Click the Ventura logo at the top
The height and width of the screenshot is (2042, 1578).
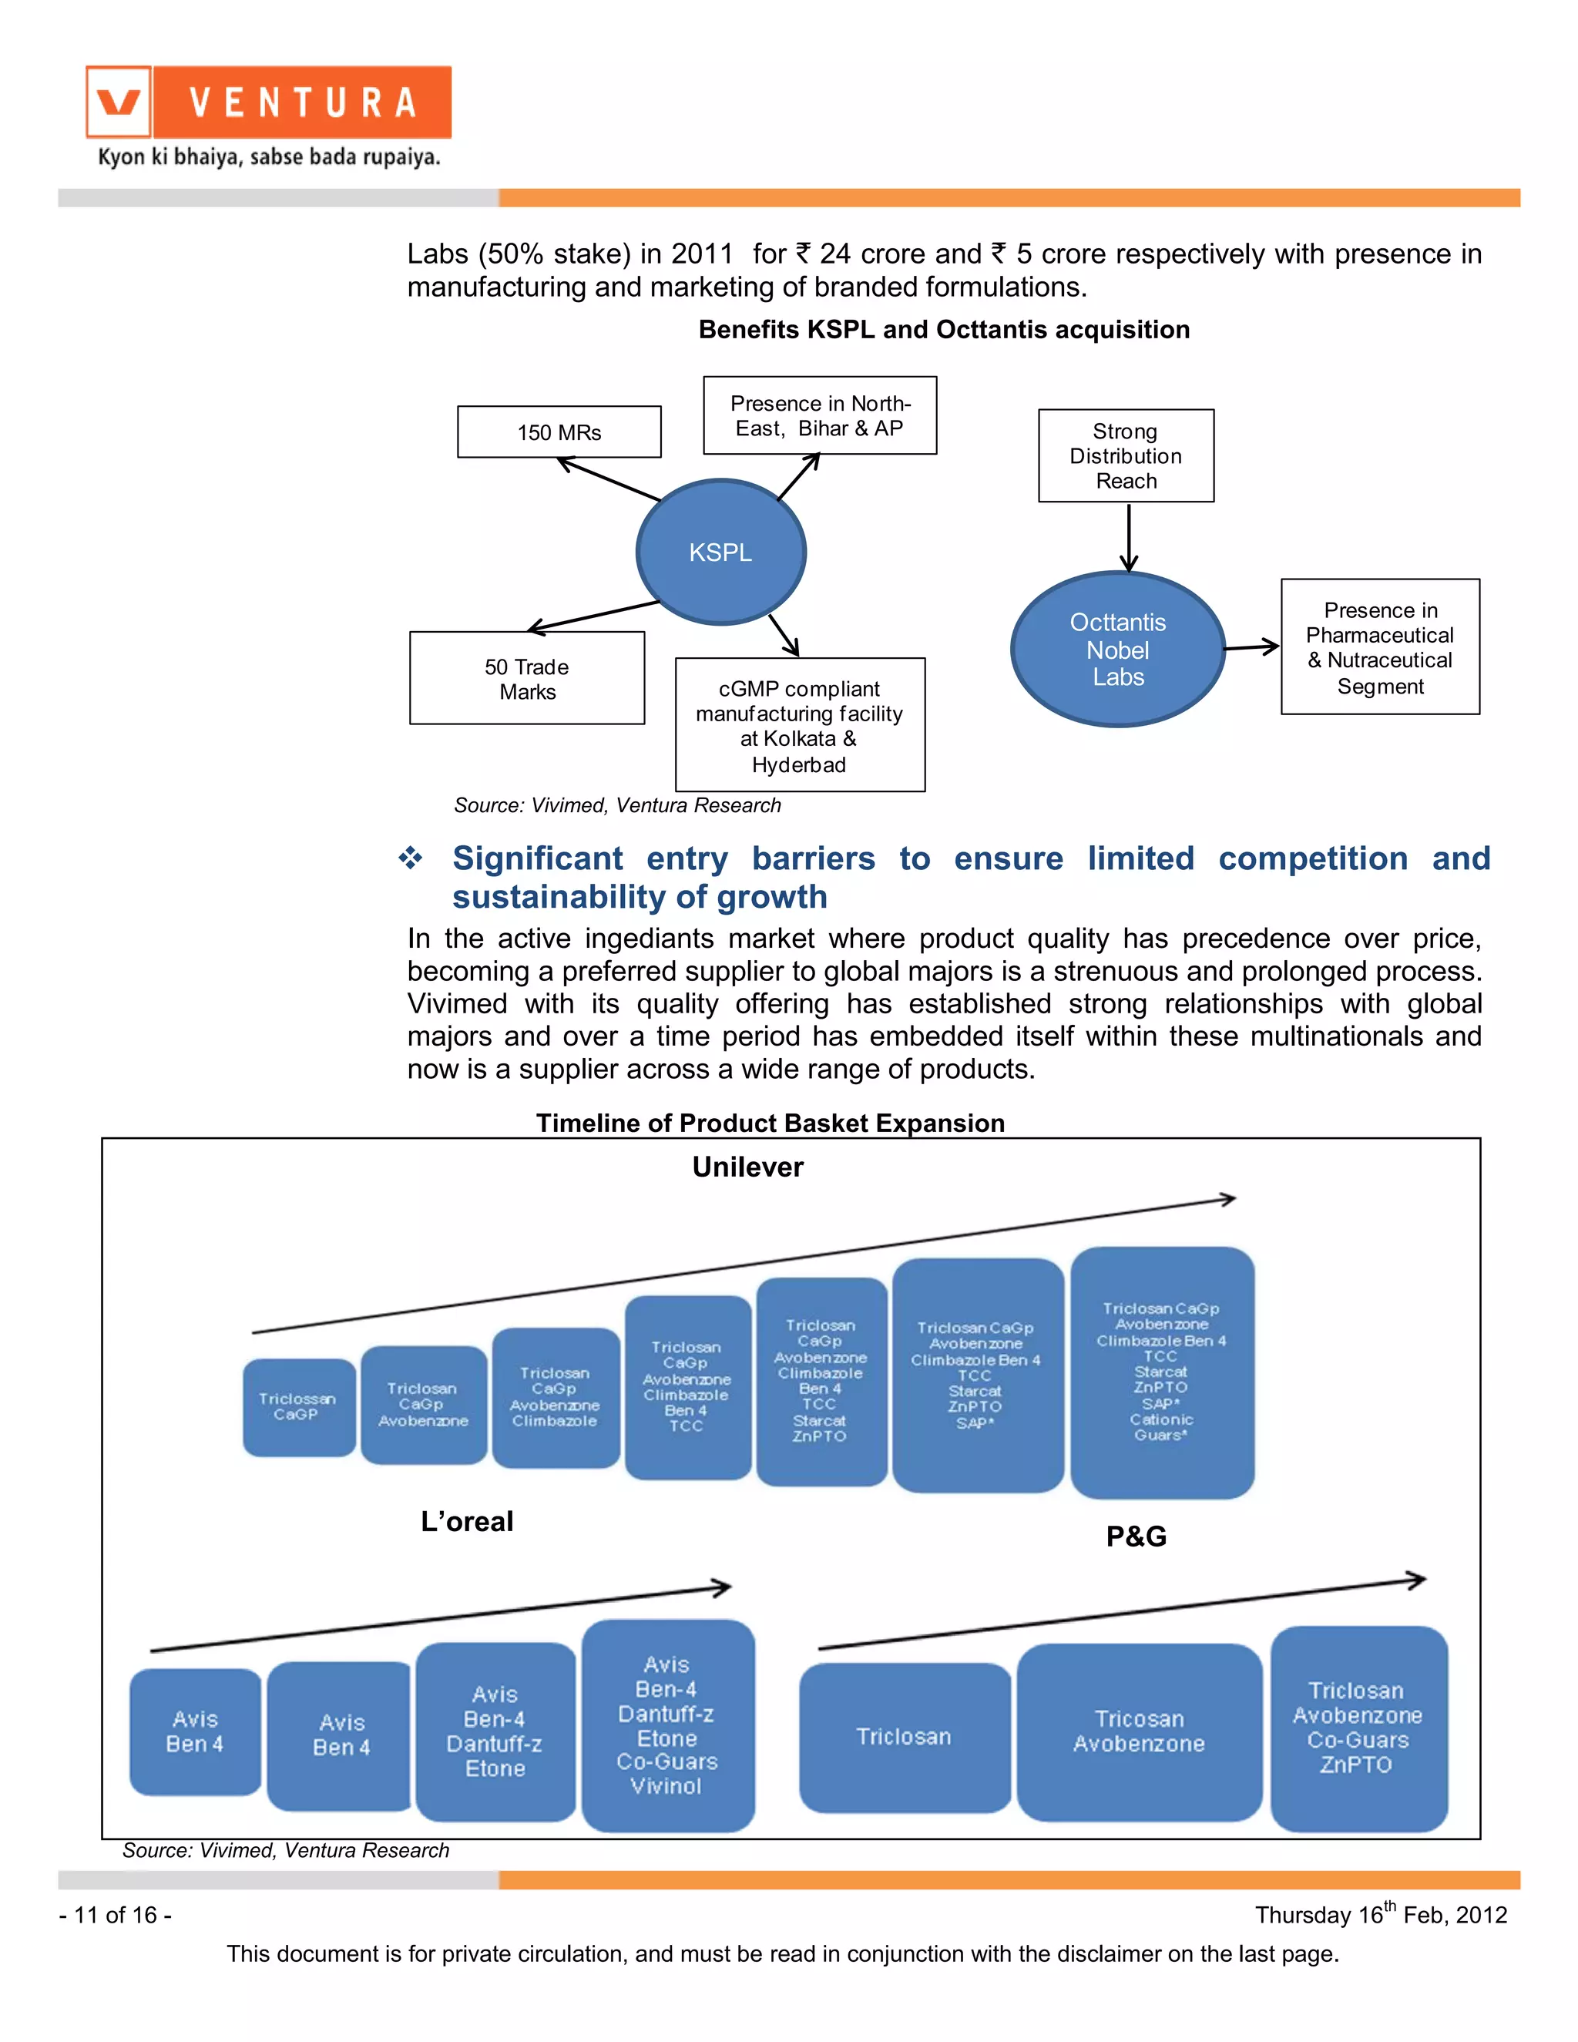pyautogui.click(x=268, y=102)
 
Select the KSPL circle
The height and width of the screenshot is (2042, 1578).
pyautogui.click(x=720, y=552)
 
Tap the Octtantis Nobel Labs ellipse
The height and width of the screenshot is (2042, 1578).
pyautogui.click(x=1118, y=649)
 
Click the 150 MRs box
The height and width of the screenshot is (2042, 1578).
pyautogui.click(x=559, y=432)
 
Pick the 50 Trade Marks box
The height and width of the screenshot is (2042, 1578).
pyautogui.click(x=527, y=679)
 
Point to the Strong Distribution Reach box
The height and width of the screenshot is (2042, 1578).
pyautogui.click(x=1126, y=456)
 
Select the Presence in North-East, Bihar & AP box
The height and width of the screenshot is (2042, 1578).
pyautogui.click(x=820, y=416)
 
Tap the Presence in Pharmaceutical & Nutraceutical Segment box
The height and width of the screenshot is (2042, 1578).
pyautogui.click(x=1380, y=647)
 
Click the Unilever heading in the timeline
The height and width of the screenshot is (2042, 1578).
pyautogui.click(x=748, y=1167)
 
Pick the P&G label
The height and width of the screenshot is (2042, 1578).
pyautogui.click(x=1136, y=1537)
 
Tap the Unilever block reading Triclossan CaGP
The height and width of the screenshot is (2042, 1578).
pyautogui.click(x=298, y=1407)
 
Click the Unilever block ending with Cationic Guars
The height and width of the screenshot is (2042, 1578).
pyautogui.click(x=1162, y=1372)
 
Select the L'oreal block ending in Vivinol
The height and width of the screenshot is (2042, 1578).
pyautogui.click(x=667, y=1725)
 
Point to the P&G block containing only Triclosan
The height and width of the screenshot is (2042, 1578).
pyautogui.click(x=904, y=1736)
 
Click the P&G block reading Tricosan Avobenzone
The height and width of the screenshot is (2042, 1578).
pyautogui.click(x=1139, y=1731)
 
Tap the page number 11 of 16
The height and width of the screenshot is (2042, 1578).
pyautogui.click(x=115, y=1915)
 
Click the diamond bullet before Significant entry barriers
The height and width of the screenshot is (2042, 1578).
pyautogui.click(x=411, y=858)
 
